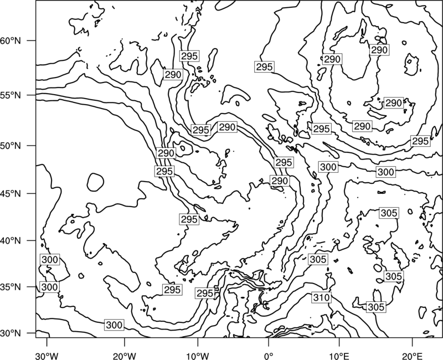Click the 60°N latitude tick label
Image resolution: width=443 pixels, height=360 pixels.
click(11, 41)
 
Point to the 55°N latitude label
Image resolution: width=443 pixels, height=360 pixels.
click(11, 95)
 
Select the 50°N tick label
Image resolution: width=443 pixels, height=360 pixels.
click(11, 146)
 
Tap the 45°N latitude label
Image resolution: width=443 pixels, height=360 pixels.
click(11, 194)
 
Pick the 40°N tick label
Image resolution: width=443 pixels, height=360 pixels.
click(11, 241)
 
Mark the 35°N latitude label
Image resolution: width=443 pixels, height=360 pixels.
click(11, 287)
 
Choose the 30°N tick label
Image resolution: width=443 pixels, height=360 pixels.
click(11, 333)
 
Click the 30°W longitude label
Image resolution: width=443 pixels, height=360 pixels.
click(47, 356)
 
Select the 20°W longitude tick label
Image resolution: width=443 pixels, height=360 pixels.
click(124, 356)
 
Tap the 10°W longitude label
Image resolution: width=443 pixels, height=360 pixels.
click(198, 356)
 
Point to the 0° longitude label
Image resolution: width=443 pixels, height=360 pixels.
click(269, 356)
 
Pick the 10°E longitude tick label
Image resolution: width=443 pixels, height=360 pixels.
click(339, 356)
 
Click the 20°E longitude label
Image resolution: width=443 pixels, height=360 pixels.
click(412, 356)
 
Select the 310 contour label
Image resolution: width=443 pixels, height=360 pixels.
click(322, 297)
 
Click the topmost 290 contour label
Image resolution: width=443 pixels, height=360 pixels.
click(379, 50)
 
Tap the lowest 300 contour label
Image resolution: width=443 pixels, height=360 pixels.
click(114, 325)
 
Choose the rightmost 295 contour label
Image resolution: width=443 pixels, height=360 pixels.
click(420, 141)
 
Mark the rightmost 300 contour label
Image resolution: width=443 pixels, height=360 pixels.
click(385, 172)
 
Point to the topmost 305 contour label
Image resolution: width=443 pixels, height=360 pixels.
click(389, 213)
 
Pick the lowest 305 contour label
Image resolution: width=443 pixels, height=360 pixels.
click(376, 307)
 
